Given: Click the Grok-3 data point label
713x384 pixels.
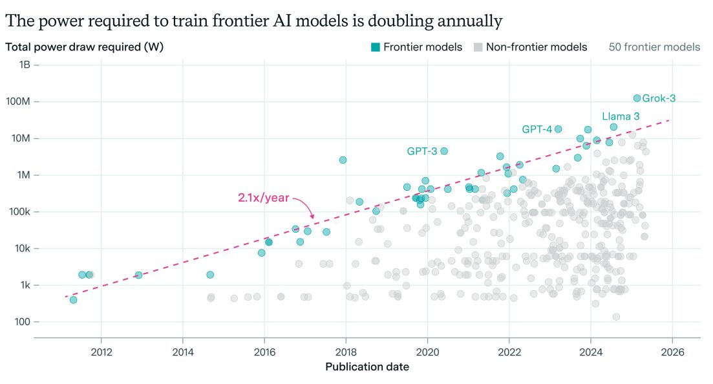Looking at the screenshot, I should coord(659,98).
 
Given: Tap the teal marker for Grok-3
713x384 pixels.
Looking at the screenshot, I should coord(637,98).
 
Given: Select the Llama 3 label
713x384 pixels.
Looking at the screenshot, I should coord(621,116).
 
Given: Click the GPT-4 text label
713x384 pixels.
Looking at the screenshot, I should coord(537,129).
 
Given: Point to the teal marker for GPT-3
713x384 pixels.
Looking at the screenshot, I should coord(444,151).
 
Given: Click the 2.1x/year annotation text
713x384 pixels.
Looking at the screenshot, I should coord(263,198).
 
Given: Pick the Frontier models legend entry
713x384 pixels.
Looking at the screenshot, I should coord(416,47).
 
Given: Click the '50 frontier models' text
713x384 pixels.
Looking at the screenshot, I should coord(654,47).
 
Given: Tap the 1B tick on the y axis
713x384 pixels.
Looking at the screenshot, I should coord(25,65).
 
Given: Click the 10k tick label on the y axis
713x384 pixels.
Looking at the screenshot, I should coord(23,248).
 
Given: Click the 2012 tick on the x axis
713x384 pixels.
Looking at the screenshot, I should coord(101,352).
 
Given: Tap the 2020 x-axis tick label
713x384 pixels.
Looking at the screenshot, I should coord(427,352).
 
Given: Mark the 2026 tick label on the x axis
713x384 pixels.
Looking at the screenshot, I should coord(672,352).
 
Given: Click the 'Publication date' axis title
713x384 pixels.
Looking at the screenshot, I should coord(367,367).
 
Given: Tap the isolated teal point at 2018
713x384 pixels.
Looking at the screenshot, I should coord(343,160).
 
